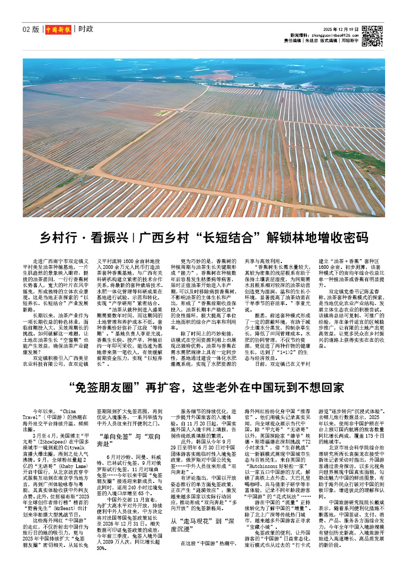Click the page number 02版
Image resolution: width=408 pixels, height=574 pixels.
pos(31,29)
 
